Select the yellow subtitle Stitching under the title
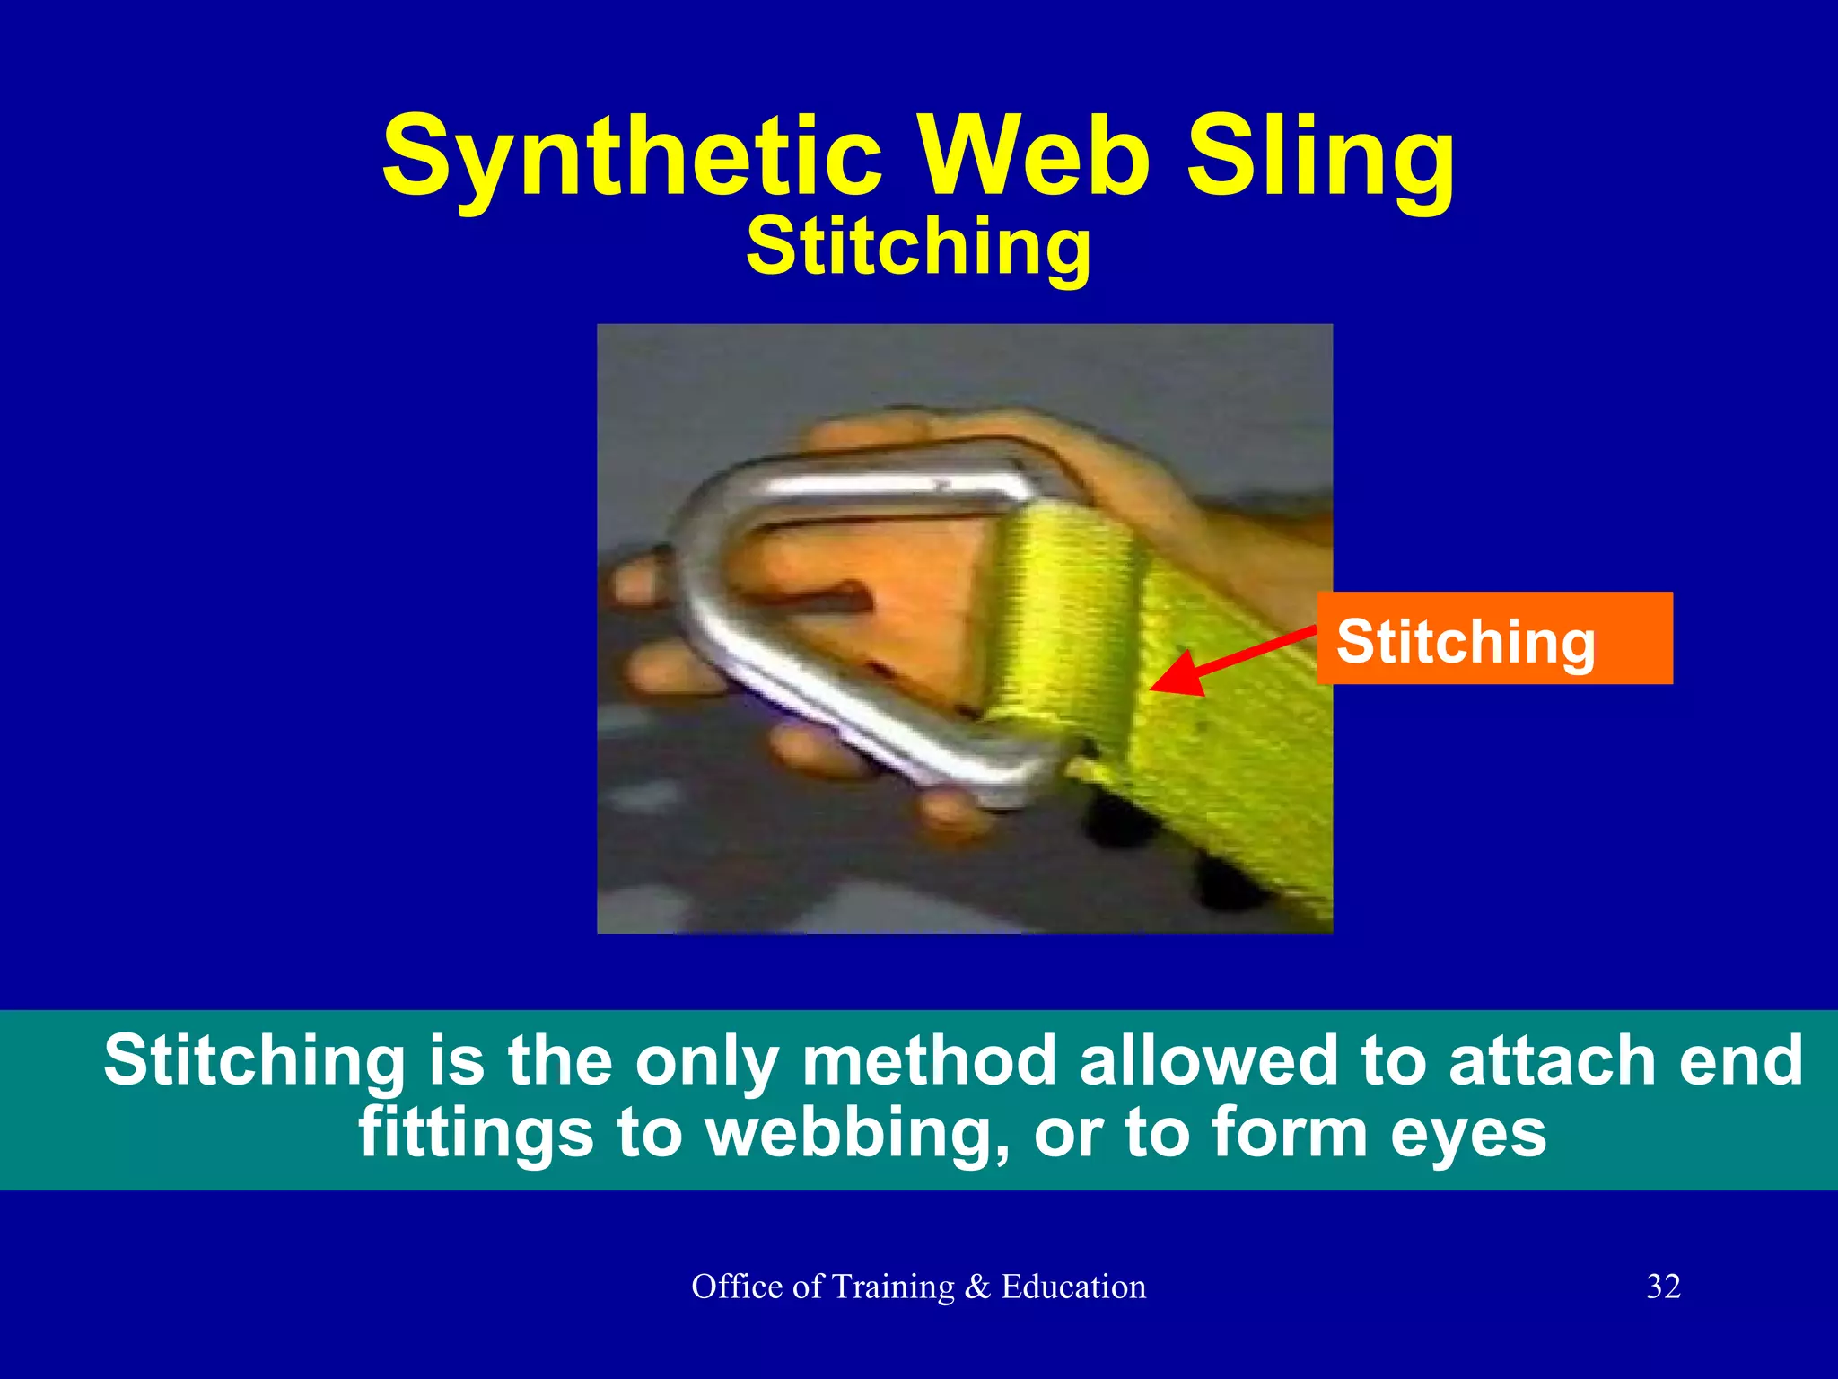[x=918, y=246]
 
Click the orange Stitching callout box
[x=1494, y=639]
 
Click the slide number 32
[x=1663, y=1287]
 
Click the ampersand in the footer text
[x=976, y=1287]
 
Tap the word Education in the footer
[x=1073, y=1287]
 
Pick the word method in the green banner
[x=929, y=1059]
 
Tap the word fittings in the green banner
[x=476, y=1133]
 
